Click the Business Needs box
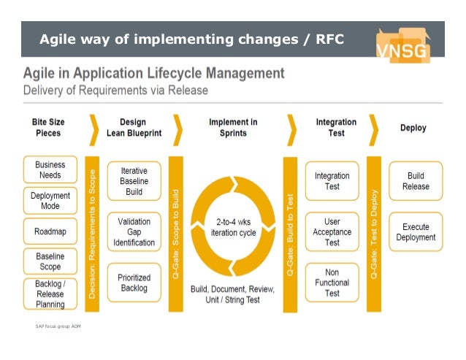click(50, 170)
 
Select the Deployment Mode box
click(50, 201)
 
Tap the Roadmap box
click(50, 231)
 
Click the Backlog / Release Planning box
click(50, 294)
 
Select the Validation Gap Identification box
click(134, 231)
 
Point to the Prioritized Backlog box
click(134, 283)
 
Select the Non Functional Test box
click(332, 283)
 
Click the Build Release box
click(415, 181)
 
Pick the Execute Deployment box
click(415, 232)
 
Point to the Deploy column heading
click(413, 128)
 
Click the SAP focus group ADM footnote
click(58, 325)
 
